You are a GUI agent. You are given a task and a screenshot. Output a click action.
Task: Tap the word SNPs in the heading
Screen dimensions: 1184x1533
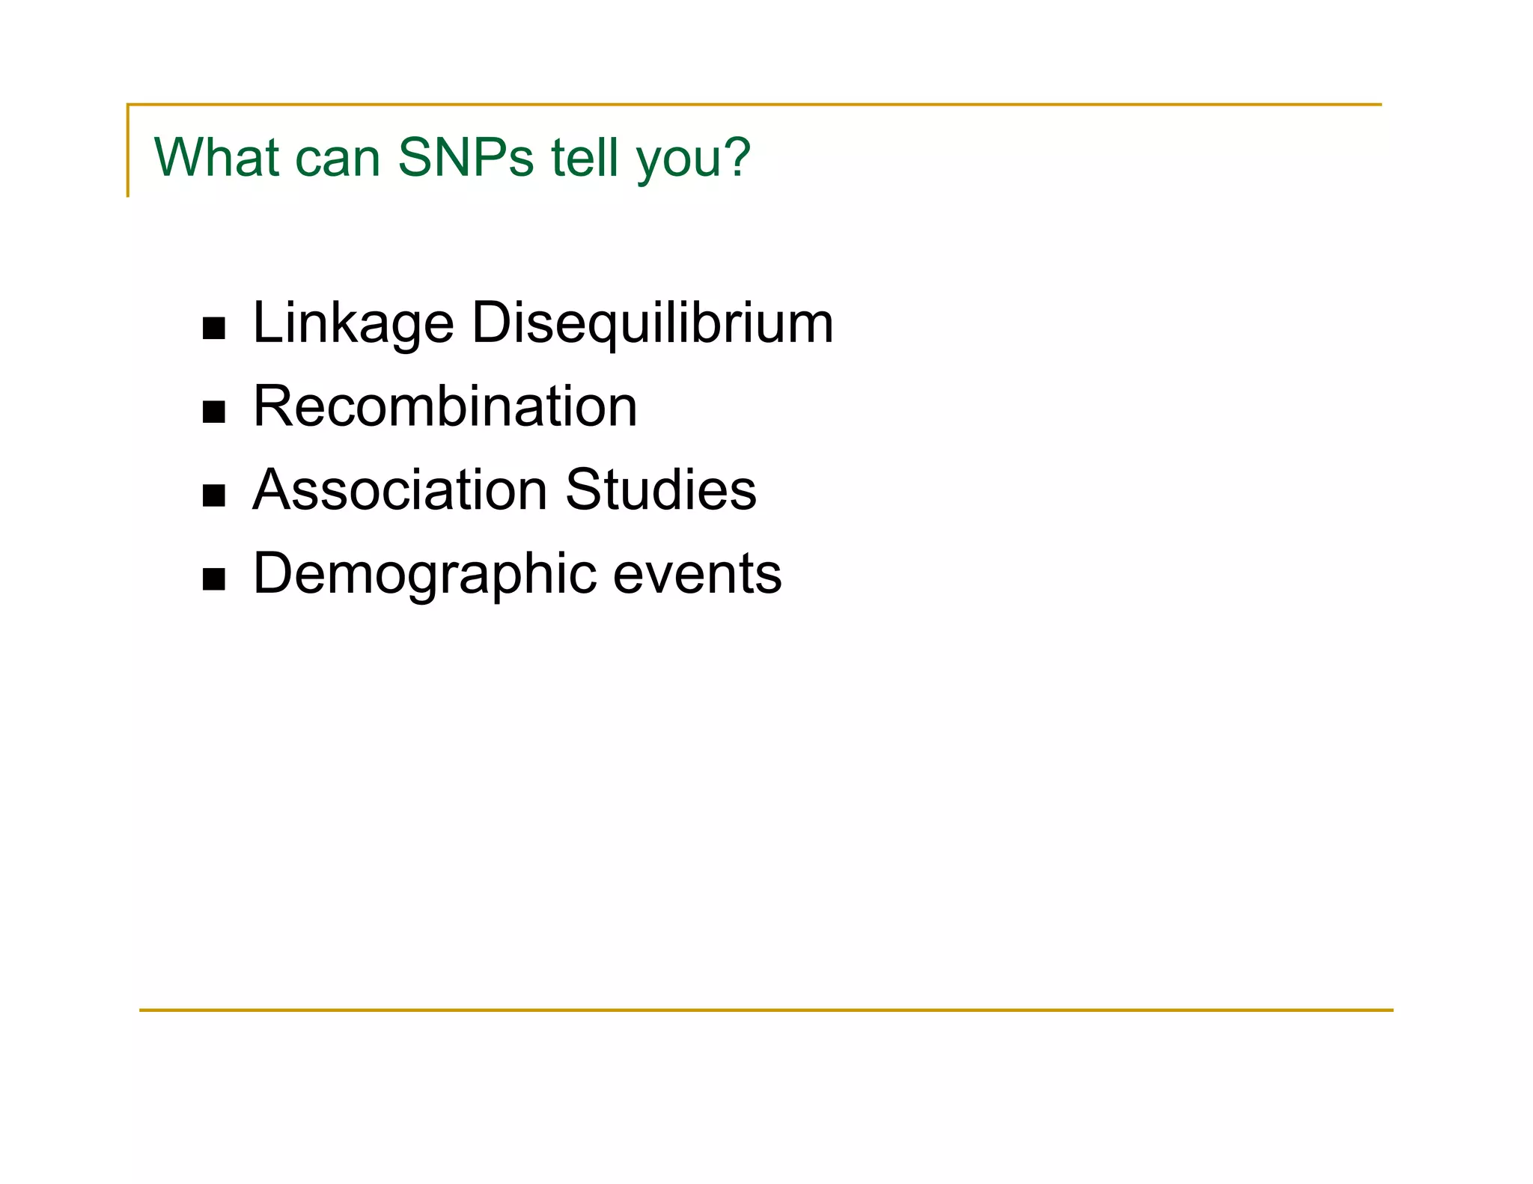pos(466,158)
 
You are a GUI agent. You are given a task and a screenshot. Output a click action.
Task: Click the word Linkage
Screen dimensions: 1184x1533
pos(353,323)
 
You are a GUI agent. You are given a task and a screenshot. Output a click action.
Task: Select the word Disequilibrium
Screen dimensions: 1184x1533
pos(652,323)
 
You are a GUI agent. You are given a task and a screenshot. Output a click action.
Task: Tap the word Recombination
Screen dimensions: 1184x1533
pos(445,406)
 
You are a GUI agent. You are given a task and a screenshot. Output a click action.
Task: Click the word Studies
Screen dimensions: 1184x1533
pos(660,490)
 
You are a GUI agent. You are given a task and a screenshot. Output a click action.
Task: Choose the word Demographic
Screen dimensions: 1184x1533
pos(425,574)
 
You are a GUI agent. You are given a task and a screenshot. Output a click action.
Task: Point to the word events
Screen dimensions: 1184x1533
pos(698,574)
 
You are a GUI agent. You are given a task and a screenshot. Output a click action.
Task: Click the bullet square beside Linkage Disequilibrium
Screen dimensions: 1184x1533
pos(214,329)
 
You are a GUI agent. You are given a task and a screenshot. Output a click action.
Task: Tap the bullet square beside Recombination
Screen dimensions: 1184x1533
pos(214,412)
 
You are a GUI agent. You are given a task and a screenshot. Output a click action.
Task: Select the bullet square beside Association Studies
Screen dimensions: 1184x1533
pos(214,495)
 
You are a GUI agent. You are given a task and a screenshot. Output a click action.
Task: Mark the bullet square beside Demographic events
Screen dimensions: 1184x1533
pos(214,579)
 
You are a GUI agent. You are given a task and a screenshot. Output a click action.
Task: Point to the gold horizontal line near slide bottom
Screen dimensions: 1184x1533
pos(766,1010)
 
